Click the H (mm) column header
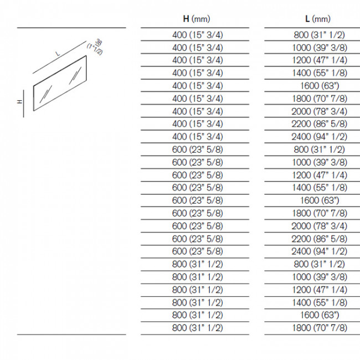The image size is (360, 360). click(198, 19)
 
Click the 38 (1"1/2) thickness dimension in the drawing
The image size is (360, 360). click(98, 44)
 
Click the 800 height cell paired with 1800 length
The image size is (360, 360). click(198, 327)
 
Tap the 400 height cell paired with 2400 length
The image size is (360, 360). click(198, 136)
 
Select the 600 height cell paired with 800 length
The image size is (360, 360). click(198, 149)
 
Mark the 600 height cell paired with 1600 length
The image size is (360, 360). click(198, 200)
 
